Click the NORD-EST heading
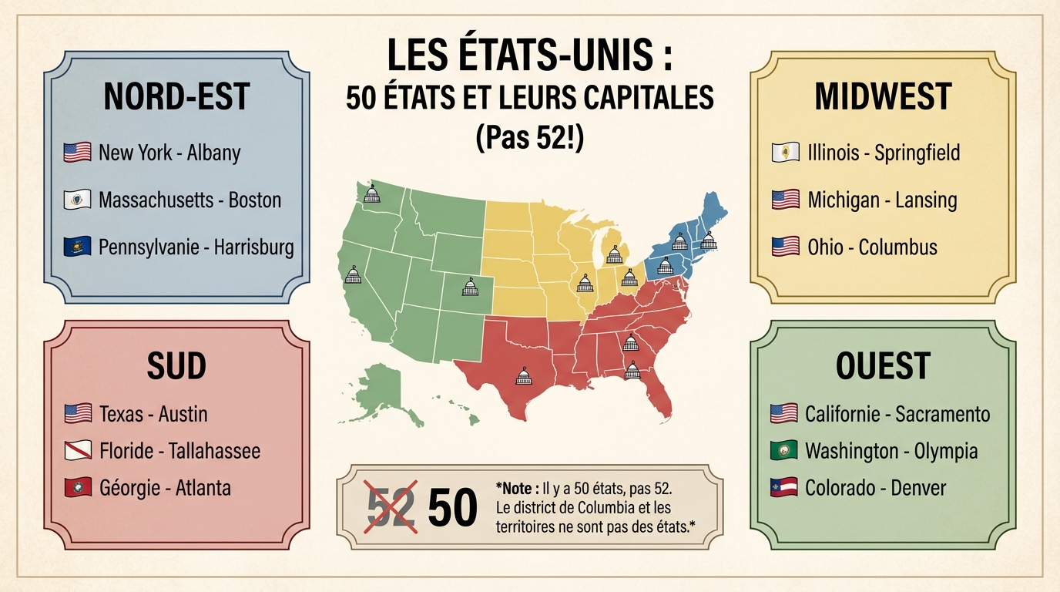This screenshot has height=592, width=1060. (x=176, y=96)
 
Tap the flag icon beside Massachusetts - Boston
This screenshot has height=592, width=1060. (x=77, y=200)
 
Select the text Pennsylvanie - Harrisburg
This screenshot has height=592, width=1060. (x=196, y=247)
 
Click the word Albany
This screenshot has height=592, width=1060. (x=213, y=153)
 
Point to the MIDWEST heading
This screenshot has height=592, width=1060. (x=883, y=96)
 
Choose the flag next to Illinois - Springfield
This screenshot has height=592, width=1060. (x=785, y=153)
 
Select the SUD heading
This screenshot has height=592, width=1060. (x=176, y=366)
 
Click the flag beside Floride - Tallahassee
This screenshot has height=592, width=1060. (x=77, y=451)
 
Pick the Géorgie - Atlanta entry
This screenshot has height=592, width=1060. (x=165, y=488)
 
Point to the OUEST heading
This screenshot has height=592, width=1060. (x=883, y=366)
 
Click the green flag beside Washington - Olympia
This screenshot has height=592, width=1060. (x=783, y=451)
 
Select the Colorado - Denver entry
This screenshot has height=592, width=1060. (x=875, y=488)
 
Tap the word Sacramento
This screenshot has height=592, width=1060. (x=942, y=414)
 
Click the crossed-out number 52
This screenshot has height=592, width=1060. (x=391, y=506)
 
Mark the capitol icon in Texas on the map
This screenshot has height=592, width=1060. (x=524, y=376)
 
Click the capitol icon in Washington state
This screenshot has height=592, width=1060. (x=371, y=193)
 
